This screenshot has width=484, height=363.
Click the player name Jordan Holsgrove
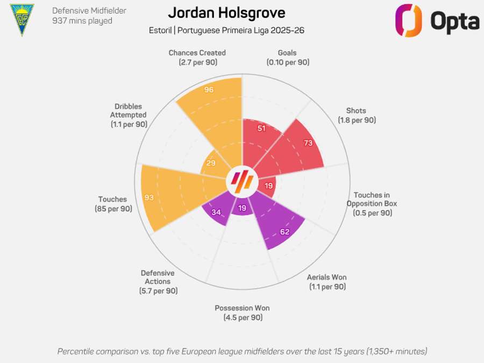coord(226,13)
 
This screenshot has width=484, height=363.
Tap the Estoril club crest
coord(22,19)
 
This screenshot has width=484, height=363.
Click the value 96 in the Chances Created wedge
coord(209,90)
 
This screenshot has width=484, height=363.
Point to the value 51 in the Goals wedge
coord(262,128)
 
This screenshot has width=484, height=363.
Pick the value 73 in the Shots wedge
coord(308,143)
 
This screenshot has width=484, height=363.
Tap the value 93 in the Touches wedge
coord(149,197)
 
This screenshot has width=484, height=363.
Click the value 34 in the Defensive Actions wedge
coord(216,212)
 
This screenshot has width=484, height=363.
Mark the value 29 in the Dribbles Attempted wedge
coord(211,163)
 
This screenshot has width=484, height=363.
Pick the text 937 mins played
coord(82,21)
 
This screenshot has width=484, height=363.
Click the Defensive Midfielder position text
coord(89,10)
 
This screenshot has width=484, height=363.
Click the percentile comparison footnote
coord(242,351)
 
